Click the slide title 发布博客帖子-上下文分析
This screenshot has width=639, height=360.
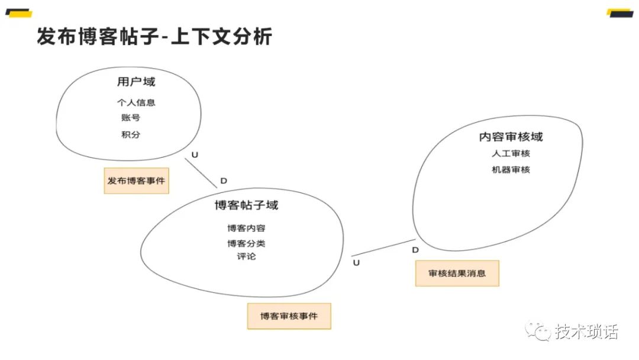coord(154,37)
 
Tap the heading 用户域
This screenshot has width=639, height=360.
coord(136,82)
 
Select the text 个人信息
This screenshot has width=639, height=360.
coord(136,102)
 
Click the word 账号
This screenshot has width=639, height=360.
coord(131,117)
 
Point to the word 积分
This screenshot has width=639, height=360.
coord(131,134)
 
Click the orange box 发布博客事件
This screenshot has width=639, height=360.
coord(136,181)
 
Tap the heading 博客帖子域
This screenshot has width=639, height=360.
coord(246,205)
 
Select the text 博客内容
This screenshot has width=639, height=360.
coord(243,228)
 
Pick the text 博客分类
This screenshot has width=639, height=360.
coord(243,243)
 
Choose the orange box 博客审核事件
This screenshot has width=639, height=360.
coord(289,316)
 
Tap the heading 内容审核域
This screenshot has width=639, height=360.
coord(511,137)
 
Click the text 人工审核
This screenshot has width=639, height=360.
coord(511,153)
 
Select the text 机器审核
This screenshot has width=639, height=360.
coord(511,170)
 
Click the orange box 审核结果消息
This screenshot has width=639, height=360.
coord(457,273)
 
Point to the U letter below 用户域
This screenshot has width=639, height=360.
coord(195,155)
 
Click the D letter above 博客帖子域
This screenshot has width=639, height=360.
coord(224,181)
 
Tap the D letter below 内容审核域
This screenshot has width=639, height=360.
coord(415,250)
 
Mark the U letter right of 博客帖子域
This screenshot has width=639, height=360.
coord(356,262)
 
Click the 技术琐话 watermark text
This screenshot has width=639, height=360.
coord(586,332)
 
